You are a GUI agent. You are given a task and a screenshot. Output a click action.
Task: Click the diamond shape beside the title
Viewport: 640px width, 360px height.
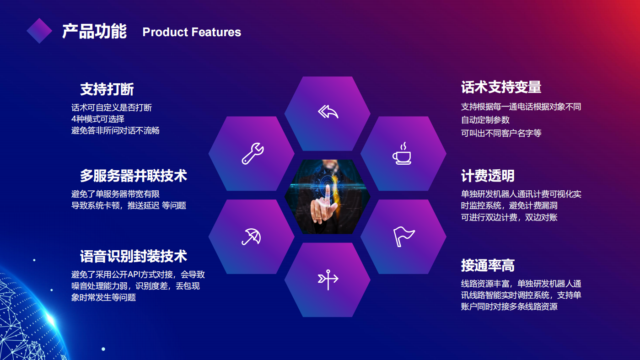tap(39, 31)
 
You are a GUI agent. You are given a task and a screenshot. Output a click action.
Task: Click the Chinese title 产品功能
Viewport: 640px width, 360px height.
tap(94, 32)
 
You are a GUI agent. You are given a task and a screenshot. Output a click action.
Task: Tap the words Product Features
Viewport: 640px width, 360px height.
tap(192, 32)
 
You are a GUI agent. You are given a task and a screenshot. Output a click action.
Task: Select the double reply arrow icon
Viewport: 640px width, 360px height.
tap(328, 112)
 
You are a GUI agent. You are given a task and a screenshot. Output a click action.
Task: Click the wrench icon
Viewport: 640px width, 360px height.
tap(253, 153)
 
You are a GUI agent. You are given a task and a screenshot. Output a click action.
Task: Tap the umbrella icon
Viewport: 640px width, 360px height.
tap(252, 237)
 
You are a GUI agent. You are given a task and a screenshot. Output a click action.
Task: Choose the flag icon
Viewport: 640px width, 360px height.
tap(403, 236)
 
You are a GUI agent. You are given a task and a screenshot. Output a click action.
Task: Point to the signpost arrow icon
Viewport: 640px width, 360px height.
tap(328, 279)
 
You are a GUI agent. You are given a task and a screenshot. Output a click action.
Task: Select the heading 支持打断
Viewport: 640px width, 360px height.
tap(107, 90)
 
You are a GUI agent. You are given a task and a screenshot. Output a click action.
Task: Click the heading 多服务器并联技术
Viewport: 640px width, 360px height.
tap(134, 176)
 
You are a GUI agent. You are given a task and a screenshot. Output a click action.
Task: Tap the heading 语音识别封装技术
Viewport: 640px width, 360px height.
tap(134, 256)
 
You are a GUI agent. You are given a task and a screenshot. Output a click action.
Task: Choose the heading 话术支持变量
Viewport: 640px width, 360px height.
tap(501, 87)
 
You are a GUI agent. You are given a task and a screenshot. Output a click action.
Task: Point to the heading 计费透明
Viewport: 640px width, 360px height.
tap(488, 176)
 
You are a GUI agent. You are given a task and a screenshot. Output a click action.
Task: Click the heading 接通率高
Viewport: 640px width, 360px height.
tap(488, 265)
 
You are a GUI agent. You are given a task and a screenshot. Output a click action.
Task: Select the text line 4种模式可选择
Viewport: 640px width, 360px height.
tap(98, 119)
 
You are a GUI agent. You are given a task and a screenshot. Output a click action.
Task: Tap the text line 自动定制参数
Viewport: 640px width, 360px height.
tap(485, 120)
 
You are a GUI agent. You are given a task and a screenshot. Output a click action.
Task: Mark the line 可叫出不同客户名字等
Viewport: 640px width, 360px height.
tap(501, 133)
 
